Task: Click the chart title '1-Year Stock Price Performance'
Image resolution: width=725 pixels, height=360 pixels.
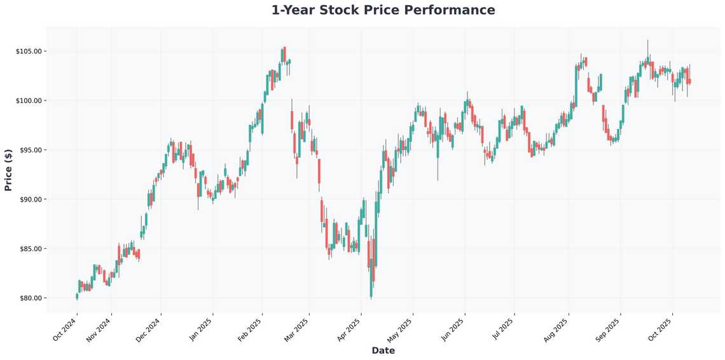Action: pos(383,10)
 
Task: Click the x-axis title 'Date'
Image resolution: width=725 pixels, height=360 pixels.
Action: pos(383,350)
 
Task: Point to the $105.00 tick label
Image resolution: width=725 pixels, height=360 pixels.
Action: pos(29,52)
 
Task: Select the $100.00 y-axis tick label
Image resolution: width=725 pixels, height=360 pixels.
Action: pos(29,100)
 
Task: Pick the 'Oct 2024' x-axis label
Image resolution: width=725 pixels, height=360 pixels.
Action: pos(64,330)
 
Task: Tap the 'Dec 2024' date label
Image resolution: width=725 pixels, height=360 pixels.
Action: pos(148,330)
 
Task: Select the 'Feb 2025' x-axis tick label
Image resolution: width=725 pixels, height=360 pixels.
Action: pos(249,330)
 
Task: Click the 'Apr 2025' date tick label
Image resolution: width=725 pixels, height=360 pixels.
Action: pos(348,330)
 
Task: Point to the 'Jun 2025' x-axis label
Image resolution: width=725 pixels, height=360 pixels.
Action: pos(452,330)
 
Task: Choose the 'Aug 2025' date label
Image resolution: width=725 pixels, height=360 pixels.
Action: pos(556,330)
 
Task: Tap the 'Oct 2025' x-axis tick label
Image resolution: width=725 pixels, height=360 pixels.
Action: pos(659,330)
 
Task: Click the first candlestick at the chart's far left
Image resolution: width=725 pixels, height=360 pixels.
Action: pos(77,296)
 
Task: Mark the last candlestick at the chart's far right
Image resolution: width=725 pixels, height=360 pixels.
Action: pos(689,81)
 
